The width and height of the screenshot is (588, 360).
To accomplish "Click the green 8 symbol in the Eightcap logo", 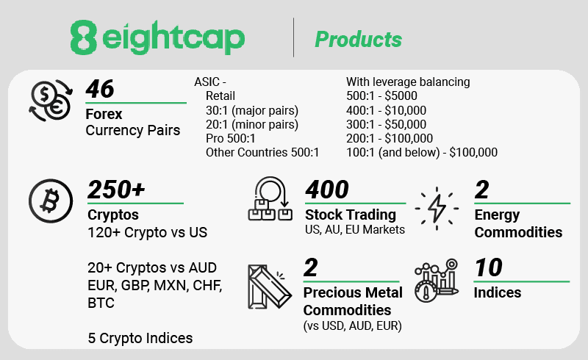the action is pos(84,37).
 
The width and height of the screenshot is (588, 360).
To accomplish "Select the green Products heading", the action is pos(358,40).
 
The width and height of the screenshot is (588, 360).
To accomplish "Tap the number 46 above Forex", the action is pos(100,89).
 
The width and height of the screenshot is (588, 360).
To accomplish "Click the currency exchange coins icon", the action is pos(51,101).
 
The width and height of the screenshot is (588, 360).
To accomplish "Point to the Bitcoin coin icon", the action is pos(51,201).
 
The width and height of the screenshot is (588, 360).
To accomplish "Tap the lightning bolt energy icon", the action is pos(437,208).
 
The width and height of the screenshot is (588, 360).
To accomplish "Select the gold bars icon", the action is pos(270,287).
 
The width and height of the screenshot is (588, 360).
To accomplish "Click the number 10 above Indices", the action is pos(488,267).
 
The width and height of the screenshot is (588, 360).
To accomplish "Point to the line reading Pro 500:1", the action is pos(230,138).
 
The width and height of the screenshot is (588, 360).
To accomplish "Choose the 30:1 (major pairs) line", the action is pos(252,111).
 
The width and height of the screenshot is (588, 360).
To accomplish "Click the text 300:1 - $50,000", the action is pos(387,124).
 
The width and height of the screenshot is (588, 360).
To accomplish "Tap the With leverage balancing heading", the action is pos(408,82).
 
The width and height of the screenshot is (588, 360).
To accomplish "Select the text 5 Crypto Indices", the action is pos(140,338).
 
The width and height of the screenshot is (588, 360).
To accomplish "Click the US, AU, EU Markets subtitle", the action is pos(355,229).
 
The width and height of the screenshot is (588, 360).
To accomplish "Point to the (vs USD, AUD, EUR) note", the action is pos(353,326).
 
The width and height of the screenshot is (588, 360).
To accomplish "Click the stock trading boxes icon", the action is pos(270,199).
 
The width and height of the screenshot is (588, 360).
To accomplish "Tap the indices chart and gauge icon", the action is pos(437,280).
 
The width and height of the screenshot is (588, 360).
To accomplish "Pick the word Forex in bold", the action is pos(104,114).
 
